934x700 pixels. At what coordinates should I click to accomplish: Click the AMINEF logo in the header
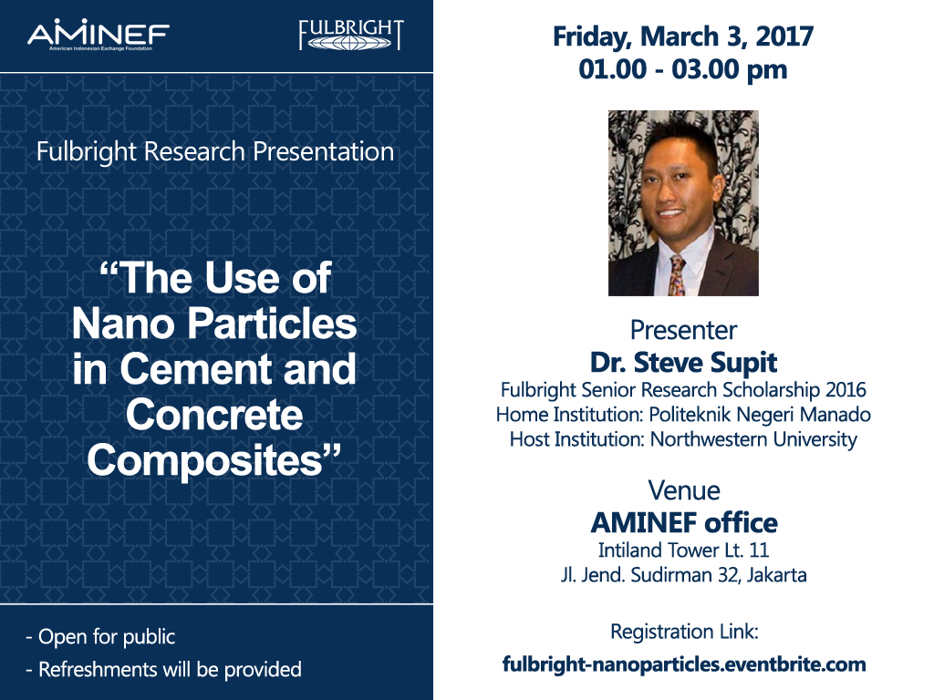[x=99, y=35]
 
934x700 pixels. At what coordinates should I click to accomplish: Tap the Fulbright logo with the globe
[x=351, y=36]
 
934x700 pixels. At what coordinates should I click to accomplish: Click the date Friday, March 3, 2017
[x=683, y=36]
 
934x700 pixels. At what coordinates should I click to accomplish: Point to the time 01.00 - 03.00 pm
[x=683, y=69]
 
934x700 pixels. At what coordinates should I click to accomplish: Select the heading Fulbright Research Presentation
[x=215, y=152]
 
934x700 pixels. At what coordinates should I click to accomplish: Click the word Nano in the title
[x=123, y=324]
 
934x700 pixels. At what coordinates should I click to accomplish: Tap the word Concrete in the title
[x=214, y=415]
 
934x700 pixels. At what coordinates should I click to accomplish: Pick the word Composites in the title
[x=205, y=460]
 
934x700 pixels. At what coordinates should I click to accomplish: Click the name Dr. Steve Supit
[x=684, y=363]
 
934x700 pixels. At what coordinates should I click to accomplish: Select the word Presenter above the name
[x=684, y=330]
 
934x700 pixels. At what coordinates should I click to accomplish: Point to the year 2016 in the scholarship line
[x=846, y=390]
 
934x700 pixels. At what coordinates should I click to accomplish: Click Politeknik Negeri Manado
[x=760, y=415]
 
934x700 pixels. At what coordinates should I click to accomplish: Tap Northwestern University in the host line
[x=754, y=439]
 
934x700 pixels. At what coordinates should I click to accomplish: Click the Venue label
[x=684, y=491]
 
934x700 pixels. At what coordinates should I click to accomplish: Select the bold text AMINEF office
[x=684, y=523]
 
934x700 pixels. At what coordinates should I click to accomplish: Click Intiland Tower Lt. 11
[x=684, y=550]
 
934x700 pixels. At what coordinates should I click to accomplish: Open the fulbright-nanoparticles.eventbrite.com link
[x=684, y=664]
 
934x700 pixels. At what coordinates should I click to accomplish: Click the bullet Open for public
[x=100, y=637]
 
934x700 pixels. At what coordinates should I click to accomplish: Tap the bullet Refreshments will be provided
[x=164, y=670]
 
